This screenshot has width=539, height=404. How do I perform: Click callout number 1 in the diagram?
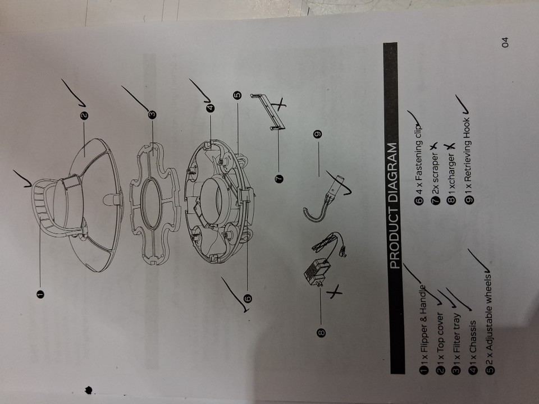(40, 294)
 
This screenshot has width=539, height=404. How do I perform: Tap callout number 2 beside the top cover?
(84, 116)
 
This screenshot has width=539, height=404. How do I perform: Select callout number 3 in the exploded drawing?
(152, 114)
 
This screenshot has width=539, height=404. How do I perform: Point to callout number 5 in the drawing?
(237, 95)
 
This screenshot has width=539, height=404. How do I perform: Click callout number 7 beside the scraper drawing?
(279, 178)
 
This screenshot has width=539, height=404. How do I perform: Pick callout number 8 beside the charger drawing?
(321, 333)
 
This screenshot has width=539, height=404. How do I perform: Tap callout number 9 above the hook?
(318, 134)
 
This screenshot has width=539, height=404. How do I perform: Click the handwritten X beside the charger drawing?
(334, 292)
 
